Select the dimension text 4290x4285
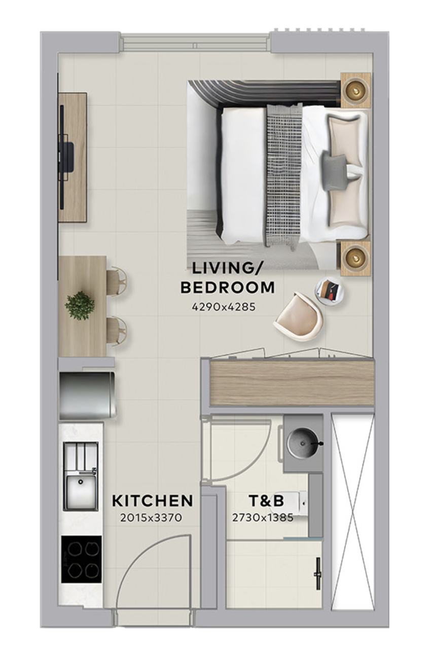(x=224, y=307)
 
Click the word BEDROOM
(x=228, y=288)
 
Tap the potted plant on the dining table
(x=80, y=305)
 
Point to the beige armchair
(x=298, y=317)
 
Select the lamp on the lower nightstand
(x=355, y=258)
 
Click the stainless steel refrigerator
(x=87, y=395)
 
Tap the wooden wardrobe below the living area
(x=292, y=383)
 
